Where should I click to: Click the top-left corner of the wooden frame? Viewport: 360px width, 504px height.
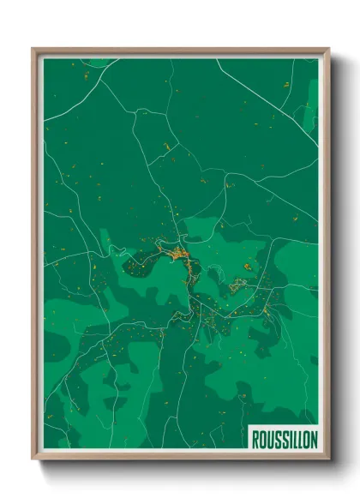click(33, 49)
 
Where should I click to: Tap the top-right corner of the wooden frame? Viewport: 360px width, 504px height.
click(329, 49)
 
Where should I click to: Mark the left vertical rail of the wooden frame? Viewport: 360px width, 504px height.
click(36, 257)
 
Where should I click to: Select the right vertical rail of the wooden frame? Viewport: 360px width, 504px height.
click(325, 257)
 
